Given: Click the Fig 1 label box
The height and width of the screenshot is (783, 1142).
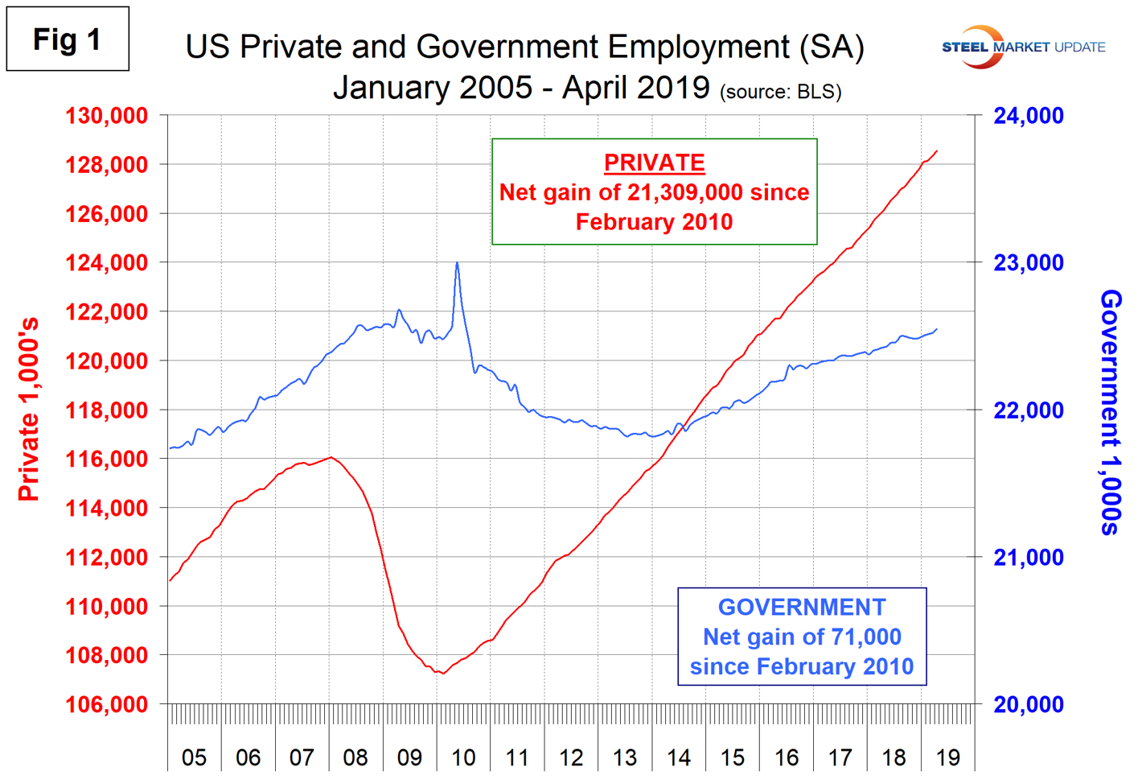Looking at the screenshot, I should (x=68, y=39).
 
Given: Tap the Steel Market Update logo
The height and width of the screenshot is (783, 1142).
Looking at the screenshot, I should (x=1023, y=47).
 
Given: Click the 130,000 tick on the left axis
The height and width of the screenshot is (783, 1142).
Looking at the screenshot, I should (x=106, y=116).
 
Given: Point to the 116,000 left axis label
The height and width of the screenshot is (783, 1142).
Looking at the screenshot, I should (x=106, y=459).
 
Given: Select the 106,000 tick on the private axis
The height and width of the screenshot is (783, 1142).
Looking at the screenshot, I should (x=106, y=705).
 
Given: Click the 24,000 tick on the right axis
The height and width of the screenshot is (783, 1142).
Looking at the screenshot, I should (x=1028, y=116).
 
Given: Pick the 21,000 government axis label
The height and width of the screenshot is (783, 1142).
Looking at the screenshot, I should (x=1028, y=558).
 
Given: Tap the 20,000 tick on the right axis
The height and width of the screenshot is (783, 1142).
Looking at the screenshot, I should (x=1028, y=705).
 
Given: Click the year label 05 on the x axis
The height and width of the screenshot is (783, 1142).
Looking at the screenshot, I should (x=194, y=757).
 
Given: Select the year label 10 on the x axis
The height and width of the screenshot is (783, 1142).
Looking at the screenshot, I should (x=463, y=757).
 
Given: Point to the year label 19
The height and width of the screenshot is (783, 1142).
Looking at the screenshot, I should (x=948, y=757).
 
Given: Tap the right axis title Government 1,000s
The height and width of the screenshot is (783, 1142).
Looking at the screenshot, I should (x=1111, y=412).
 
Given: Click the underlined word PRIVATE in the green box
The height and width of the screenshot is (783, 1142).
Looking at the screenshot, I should (x=654, y=163).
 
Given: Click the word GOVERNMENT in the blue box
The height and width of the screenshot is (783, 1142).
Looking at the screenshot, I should (x=802, y=608).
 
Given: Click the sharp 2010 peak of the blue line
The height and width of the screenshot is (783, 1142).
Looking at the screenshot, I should (x=457, y=262).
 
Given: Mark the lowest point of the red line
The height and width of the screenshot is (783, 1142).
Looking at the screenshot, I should (x=442, y=673).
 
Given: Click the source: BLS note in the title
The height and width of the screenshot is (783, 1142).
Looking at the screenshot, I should (x=780, y=92).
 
